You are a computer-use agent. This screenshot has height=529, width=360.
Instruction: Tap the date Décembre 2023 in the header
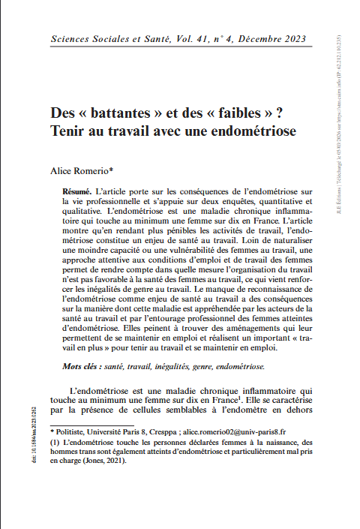coord(276,38)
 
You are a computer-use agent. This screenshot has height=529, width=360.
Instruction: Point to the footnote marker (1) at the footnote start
coord(55,443)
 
